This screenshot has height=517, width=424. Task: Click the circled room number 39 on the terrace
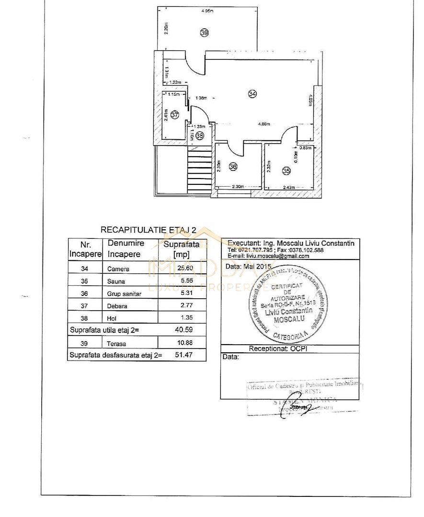tap(205, 33)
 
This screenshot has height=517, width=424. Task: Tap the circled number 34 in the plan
tap(252, 94)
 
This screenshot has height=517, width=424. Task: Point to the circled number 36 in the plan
tap(233, 167)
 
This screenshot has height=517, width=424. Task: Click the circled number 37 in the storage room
tap(174, 115)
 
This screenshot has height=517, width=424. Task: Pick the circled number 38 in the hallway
tap(200, 135)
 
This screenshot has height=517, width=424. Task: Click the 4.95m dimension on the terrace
tap(207, 11)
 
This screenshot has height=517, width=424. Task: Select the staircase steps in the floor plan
tap(198, 170)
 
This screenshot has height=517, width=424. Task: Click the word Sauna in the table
tap(115, 281)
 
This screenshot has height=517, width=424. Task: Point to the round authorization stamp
tap(288, 302)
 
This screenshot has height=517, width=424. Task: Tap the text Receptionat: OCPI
tap(277, 349)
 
